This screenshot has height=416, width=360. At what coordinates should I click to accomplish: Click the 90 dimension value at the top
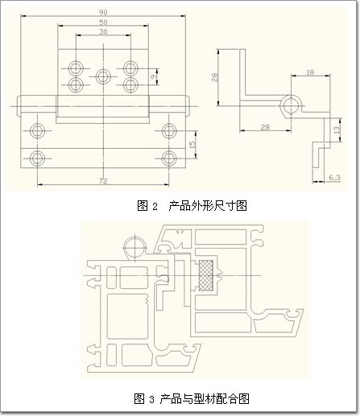[103, 12]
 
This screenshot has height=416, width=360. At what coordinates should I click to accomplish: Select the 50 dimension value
[103, 22]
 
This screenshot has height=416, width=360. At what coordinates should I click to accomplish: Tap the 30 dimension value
[103, 31]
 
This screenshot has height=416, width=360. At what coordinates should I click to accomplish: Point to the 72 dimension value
[103, 181]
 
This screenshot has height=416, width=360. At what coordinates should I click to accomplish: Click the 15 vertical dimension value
[192, 145]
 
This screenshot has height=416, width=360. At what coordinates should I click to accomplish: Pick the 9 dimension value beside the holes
[153, 76]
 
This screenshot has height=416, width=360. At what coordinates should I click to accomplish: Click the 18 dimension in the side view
[310, 72]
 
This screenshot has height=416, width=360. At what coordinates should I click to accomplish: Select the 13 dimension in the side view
[336, 130]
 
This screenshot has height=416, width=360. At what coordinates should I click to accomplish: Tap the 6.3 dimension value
[334, 177]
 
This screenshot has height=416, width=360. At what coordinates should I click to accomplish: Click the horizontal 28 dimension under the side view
[265, 127]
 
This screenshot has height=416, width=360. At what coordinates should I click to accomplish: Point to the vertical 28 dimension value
[215, 77]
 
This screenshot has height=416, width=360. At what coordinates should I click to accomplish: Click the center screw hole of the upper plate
[103, 76]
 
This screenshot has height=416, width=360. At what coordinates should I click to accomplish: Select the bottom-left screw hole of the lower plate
[37, 159]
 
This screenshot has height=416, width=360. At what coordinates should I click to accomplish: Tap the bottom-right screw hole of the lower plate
[169, 159]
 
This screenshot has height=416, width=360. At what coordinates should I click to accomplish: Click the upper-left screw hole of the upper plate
[76, 68]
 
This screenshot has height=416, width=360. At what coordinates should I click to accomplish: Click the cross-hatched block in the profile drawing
[206, 275]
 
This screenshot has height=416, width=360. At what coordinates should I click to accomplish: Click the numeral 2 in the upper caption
[155, 207]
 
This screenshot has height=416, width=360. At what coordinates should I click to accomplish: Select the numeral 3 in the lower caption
[152, 400]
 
